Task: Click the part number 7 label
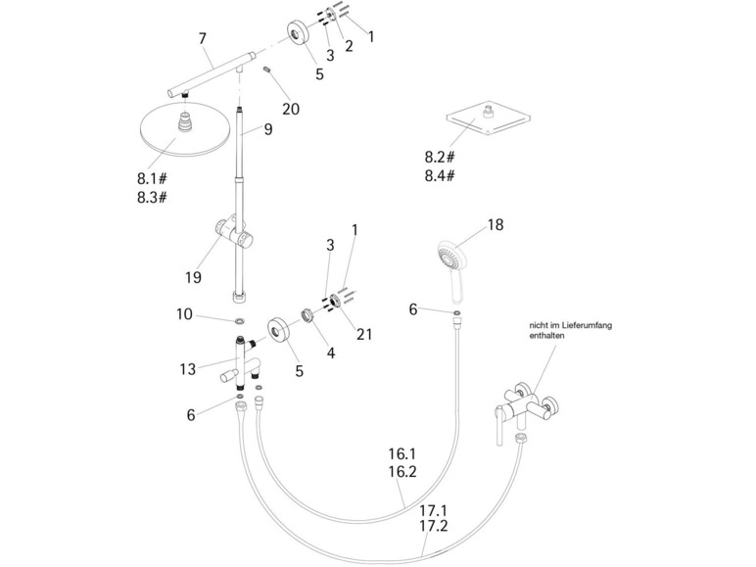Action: pyautogui.click(x=203, y=39)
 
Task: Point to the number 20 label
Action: pyautogui.click(x=291, y=109)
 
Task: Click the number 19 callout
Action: pyautogui.click(x=193, y=277)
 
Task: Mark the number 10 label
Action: pyautogui.click(x=185, y=315)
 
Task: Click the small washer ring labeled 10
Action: pyautogui.click(x=239, y=320)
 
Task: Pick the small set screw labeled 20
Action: pyautogui.click(x=266, y=71)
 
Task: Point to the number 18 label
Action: pyautogui.click(x=496, y=225)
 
